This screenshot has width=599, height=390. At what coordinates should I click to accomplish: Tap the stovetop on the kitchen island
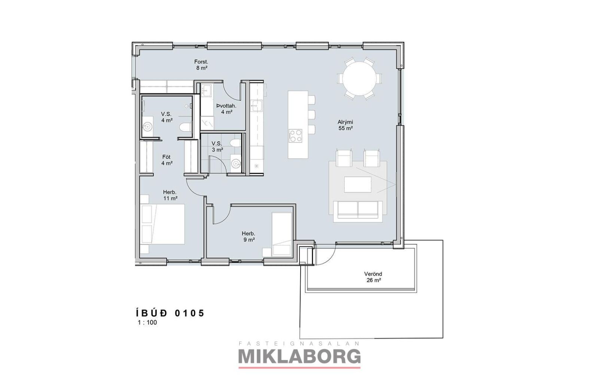pos(295,136)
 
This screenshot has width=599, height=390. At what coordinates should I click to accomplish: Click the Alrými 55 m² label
pos(346,125)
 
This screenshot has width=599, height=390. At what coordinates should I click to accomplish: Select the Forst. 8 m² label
pos(201,65)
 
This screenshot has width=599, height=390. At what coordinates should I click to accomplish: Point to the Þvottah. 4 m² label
pos(226,109)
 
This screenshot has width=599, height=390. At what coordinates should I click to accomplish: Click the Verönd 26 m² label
pos(373,277)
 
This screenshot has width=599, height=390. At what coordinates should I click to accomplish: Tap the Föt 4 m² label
pos(167,160)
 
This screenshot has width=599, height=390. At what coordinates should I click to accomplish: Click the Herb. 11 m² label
pos(170,195)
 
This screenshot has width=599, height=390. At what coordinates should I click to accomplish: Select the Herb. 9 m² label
pos(249,237)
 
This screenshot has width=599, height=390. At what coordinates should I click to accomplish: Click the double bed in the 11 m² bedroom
pos(162,224)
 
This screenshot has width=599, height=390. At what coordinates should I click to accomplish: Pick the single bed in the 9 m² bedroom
pos(282,235)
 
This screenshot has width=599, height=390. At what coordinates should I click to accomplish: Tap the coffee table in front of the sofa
pos(358,184)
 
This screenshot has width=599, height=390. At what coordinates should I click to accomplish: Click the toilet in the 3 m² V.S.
pos(235,143)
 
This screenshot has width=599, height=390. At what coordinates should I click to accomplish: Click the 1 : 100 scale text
pos(148,323)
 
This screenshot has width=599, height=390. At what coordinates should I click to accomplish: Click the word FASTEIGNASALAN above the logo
pos(299,344)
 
